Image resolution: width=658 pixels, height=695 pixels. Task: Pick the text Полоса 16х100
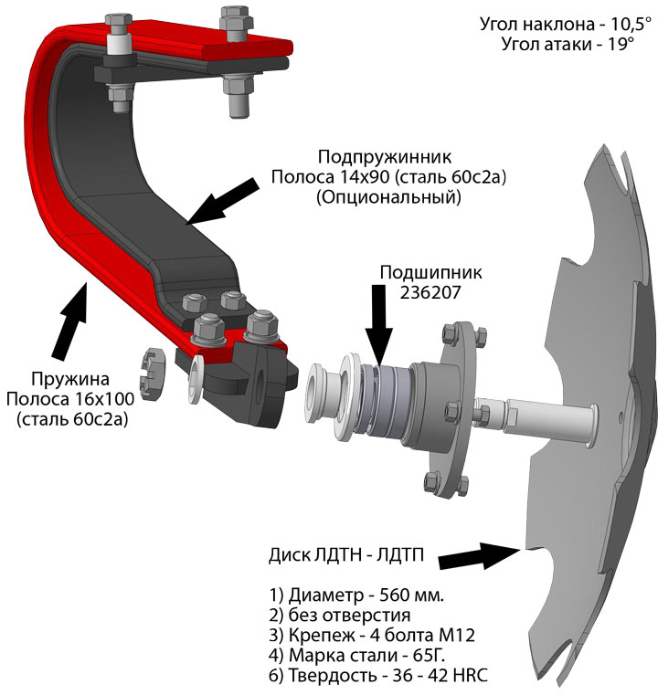click(67, 400)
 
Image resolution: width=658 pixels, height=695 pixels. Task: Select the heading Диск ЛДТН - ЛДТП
click(353, 556)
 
